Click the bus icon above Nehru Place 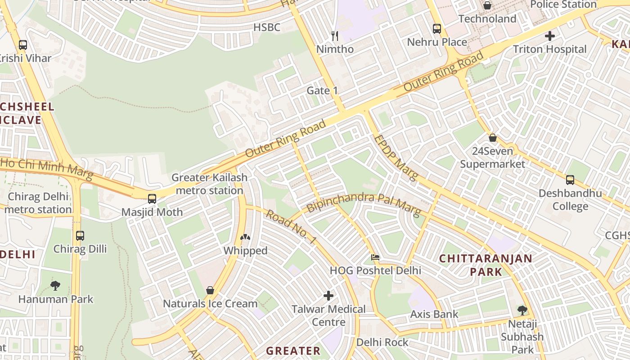(x=436, y=29)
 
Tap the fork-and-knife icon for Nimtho (x=334, y=36)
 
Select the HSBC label (x=266, y=27)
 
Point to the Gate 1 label (x=322, y=90)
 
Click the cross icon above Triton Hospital (x=549, y=36)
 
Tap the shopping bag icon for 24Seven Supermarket (x=493, y=138)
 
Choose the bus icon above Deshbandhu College (x=570, y=180)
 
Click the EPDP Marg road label (x=396, y=157)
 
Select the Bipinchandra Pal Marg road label (x=364, y=203)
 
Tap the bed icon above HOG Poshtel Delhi (x=375, y=257)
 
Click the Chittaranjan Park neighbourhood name (x=486, y=265)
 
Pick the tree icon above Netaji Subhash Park (x=522, y=310)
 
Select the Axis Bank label (x=434, y=314)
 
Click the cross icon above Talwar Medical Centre (x=328, y=296)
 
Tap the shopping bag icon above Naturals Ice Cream (x=210, y=290)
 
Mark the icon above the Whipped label (x=245, y=237)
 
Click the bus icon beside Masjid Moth (x=152, y=198)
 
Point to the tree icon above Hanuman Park (x=55, y=285)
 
